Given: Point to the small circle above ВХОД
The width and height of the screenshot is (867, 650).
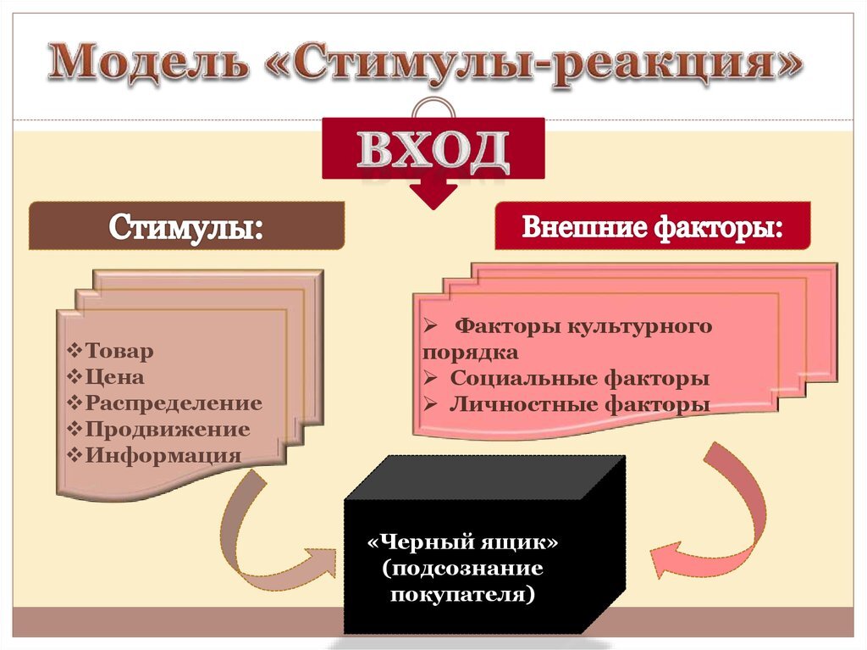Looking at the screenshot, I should [x=433, y=109].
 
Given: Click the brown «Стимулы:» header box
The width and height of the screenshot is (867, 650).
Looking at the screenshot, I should [x=186, y=225].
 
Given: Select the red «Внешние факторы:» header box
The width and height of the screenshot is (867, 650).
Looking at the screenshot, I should [x=652, y=225].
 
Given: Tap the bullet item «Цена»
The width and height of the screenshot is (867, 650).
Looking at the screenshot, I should [x=114, y=377].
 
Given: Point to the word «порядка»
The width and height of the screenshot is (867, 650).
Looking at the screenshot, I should [x=470, y=353].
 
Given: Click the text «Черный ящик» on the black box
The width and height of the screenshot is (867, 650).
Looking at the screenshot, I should [x=463, y=542].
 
